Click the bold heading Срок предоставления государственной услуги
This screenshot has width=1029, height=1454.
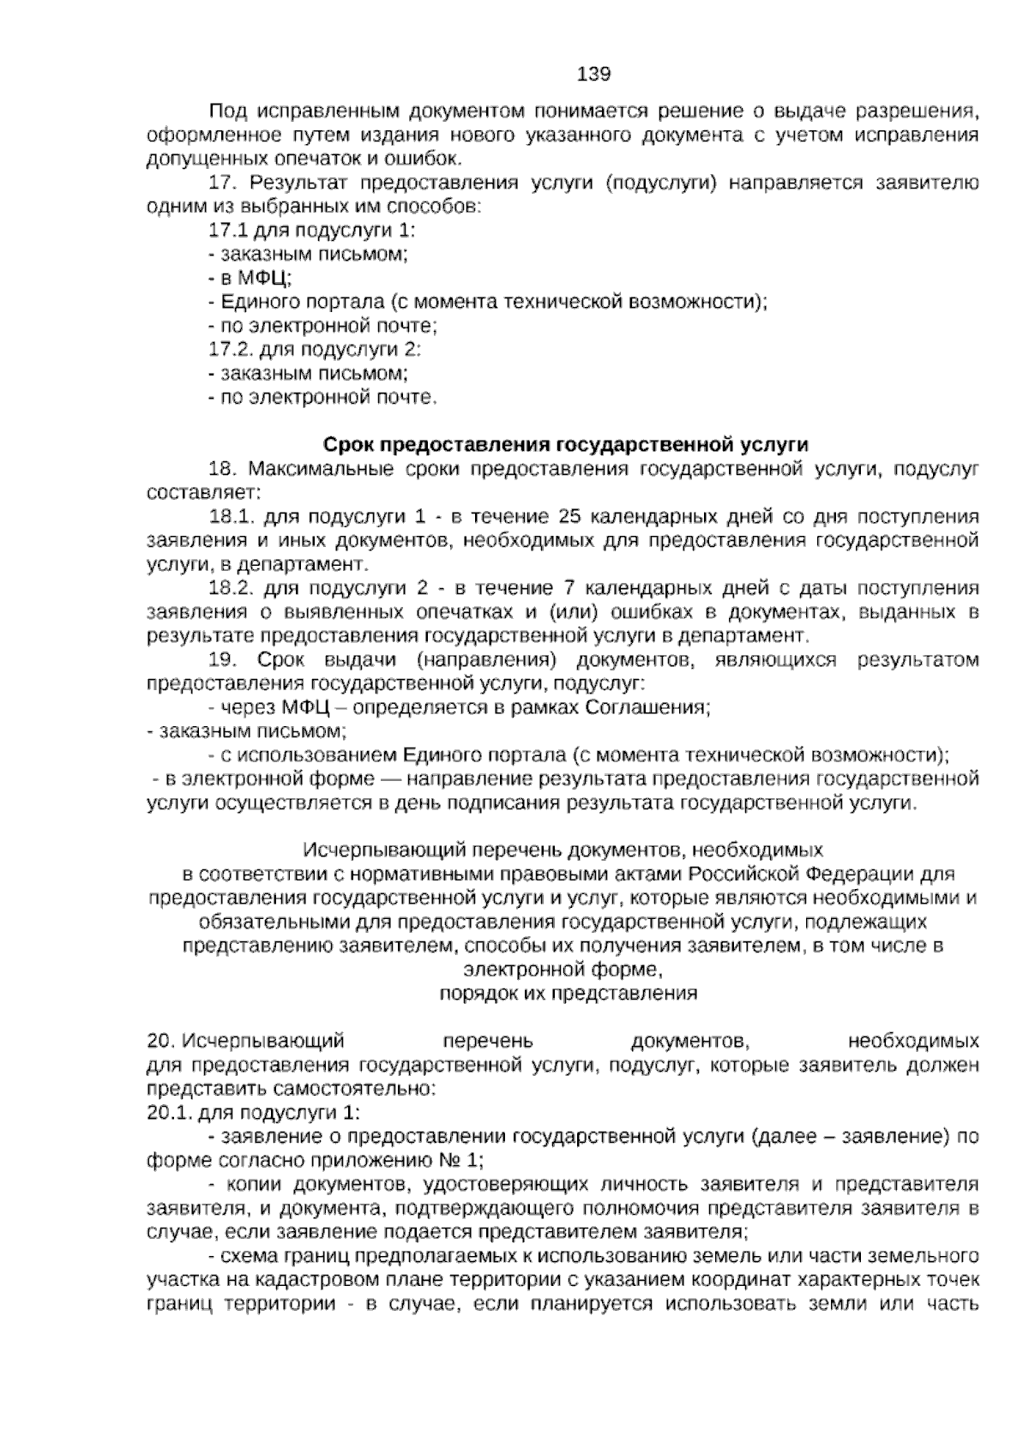(565, 445)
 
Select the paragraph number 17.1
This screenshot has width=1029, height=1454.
(226, 230)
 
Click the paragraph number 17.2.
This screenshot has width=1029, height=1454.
(229, 350)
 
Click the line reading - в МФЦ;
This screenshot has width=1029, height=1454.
(250, 278)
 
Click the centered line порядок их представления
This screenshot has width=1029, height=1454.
(568, 994)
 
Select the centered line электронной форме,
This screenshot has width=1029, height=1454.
(563, 970)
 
